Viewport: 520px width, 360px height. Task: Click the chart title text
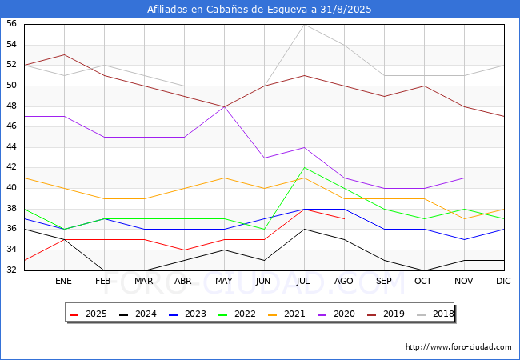(x=259, y=10)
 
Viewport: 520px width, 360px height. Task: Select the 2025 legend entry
(x=88, y=314)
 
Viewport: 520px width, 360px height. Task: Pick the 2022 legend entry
(x=237, y=314)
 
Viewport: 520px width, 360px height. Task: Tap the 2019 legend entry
(x=386, y=314)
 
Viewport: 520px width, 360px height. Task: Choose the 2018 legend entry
(x=435, y=314)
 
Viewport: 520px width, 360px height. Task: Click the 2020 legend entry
(x=336, y=314)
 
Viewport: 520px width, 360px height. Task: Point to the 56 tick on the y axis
(x=11, y=24)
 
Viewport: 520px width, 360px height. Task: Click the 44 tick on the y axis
(x=11, y=147)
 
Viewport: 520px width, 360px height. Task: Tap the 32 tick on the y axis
(x=11, y=270)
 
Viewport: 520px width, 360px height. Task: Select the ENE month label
(x=63, y=281)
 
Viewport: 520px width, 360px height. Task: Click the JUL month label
(x=303, y=281)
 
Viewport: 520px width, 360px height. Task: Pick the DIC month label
(x=503, y=281)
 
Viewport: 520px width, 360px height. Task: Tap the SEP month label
(x=384, y=281)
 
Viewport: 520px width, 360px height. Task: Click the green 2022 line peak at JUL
(x=305, y=168)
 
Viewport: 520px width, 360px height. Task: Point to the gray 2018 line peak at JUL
(x=305, y=25)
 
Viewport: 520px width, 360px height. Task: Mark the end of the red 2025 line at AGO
(x=345, y=218)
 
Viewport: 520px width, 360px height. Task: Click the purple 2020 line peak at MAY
(x=225, y=106)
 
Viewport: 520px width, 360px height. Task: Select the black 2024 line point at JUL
(x=305, y=229)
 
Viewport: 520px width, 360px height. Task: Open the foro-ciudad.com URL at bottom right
(x=458, y=347)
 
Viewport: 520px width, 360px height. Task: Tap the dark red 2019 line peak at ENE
(x=64, y=54)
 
